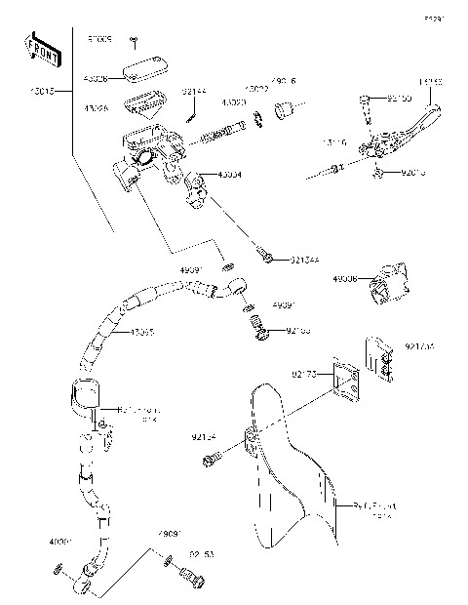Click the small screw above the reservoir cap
click(135, 44)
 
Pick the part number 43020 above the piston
click(233, 101)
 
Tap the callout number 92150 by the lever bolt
click(399, 99)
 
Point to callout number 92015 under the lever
click(413, 173)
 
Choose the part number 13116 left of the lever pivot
click(334, 141)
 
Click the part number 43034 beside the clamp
click(231, 175)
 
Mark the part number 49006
click(344, 279)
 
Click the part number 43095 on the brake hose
click(141, 333)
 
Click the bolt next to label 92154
click(212, 458)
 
